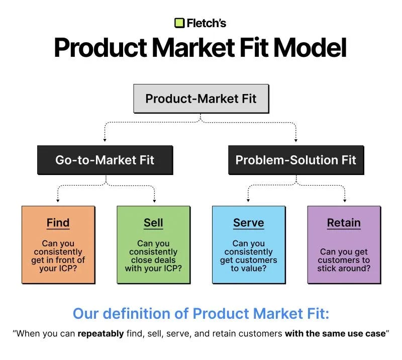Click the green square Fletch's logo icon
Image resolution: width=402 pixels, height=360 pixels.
pos(179,23)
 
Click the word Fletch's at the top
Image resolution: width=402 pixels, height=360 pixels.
pos(207,23)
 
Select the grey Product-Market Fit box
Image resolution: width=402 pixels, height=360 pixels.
pos(201,98)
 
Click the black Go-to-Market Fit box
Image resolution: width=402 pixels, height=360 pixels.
pos(105,160)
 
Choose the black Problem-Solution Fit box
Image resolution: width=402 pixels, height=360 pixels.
pos(295,160)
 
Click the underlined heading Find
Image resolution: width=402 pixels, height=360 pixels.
pos(58,222)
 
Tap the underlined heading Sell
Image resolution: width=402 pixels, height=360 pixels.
pos(153,222)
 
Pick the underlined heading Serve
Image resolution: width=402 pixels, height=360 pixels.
pos(249,222)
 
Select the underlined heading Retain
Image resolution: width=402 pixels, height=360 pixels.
pos(344,222)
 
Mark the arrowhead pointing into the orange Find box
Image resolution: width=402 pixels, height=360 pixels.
pos(58,200)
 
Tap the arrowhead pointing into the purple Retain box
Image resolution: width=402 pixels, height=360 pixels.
pos(344,200)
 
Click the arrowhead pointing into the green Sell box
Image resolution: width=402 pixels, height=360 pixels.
pos(153,200)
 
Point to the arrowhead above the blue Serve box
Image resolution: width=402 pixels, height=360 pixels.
pos(249,200)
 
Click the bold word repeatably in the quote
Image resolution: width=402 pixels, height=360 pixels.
pos(100,333)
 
